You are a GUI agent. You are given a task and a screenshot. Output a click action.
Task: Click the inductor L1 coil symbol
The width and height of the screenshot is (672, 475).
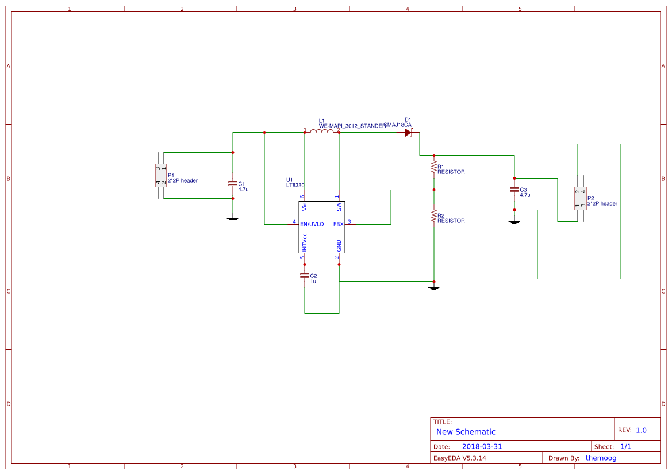322,132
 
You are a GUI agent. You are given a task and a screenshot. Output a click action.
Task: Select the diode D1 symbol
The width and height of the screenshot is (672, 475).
409,133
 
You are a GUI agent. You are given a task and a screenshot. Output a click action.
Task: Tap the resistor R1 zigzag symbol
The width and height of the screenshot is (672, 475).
434,167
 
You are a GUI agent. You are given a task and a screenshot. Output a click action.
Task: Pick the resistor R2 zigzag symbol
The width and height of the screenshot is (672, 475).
434,216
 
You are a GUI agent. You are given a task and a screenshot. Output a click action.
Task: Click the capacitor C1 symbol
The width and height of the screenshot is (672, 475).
232,184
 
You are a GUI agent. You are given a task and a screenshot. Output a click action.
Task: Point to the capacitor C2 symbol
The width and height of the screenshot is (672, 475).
305,276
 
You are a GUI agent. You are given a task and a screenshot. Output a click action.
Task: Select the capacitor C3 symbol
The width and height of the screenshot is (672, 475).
514,190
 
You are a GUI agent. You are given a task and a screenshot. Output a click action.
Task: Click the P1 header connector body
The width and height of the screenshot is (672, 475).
160,175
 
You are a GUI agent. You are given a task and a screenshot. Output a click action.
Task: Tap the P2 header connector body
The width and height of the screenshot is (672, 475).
580,198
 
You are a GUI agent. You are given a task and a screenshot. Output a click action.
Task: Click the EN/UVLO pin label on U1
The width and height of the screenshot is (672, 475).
312,224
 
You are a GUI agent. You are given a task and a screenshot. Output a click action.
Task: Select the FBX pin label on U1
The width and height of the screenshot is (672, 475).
338,224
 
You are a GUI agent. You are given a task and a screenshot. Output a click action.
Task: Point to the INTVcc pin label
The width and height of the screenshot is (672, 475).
305,241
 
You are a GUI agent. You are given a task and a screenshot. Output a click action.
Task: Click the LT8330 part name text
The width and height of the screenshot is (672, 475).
295,186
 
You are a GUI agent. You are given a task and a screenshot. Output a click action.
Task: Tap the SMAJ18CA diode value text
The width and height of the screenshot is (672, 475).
398,125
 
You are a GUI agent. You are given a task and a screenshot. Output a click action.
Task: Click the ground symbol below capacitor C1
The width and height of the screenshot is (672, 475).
232,219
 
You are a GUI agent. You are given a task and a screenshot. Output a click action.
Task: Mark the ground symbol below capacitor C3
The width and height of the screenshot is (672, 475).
514,222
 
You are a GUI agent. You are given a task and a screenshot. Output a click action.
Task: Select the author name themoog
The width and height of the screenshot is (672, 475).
601,458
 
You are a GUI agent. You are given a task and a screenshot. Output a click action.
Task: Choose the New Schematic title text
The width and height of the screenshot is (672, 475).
466,432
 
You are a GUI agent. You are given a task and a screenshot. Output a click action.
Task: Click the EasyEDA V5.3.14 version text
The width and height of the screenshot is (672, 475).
459,458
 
